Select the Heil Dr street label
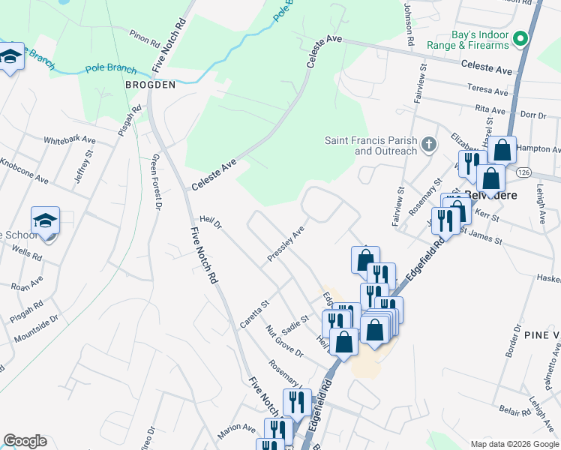[211, 222]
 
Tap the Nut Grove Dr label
[284, 341]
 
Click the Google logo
[25, 441]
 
